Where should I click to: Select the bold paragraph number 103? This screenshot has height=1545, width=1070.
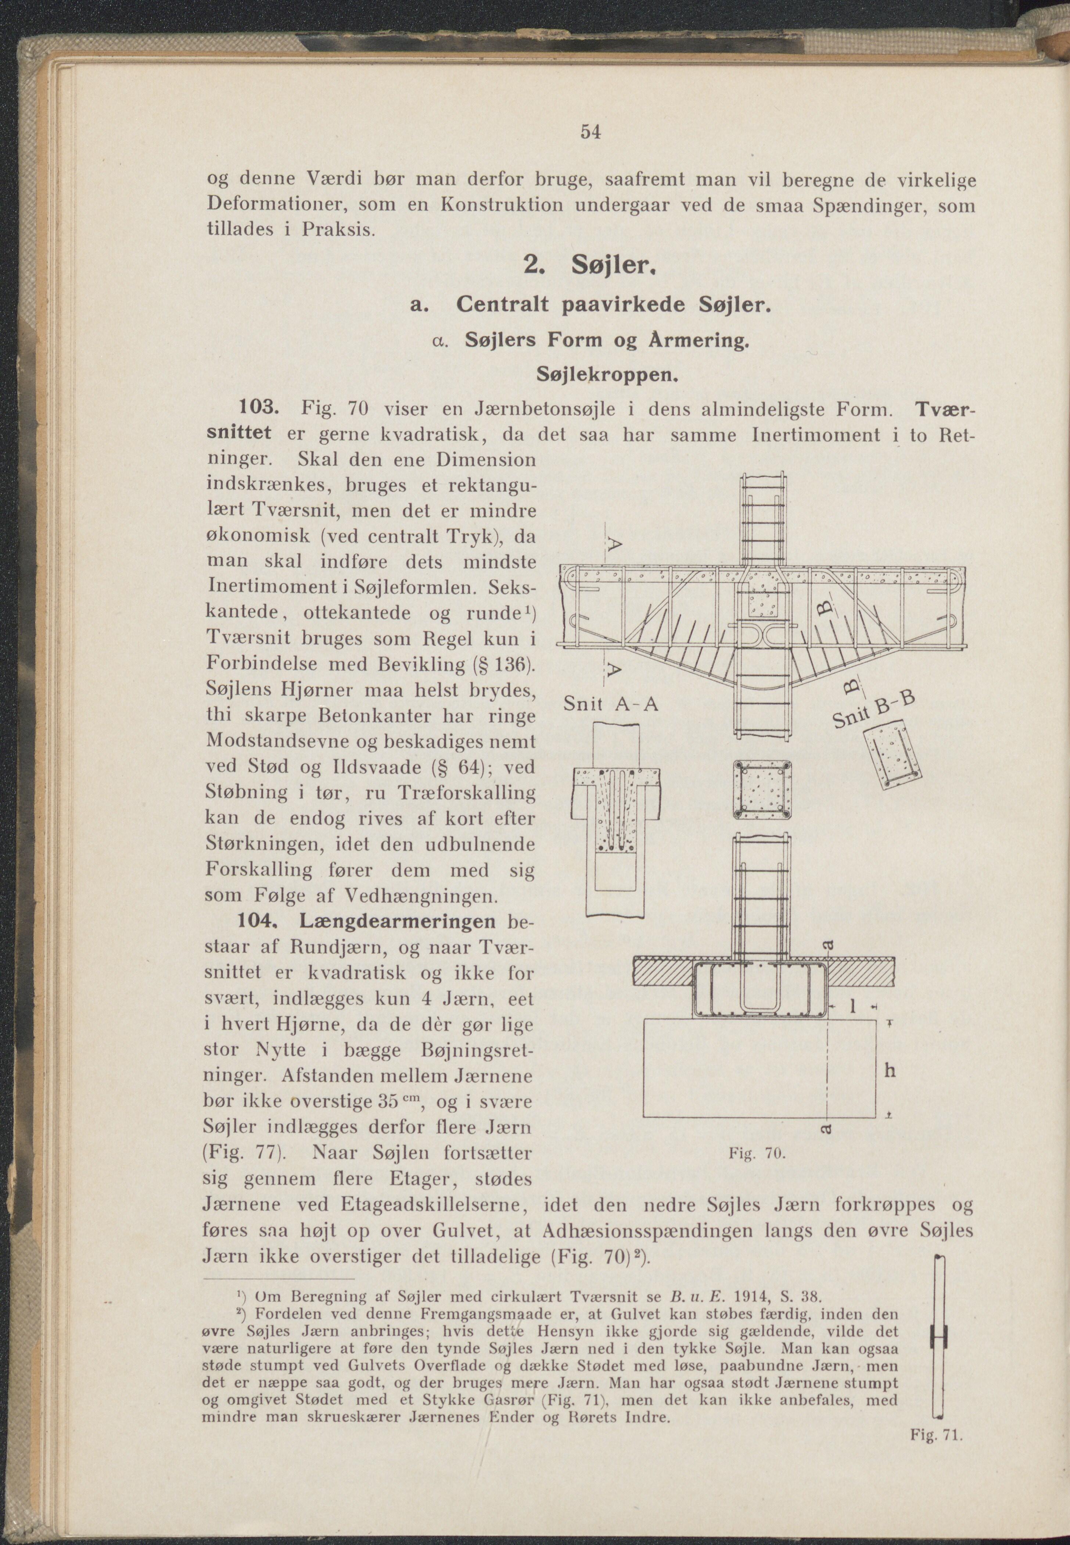pyautogui.click(x=260, y=408)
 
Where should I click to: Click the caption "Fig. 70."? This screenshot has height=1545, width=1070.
pyautogui.click(x=755, y=1154)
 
